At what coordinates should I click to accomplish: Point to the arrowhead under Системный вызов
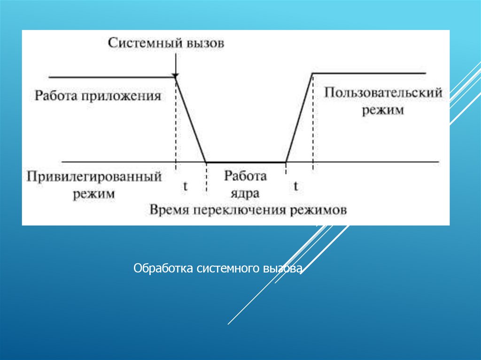point(175,75)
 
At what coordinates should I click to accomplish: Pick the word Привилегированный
point(94,177)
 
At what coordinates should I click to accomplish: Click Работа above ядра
point(245,176)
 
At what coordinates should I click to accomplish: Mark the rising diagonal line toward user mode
point(300,117)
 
